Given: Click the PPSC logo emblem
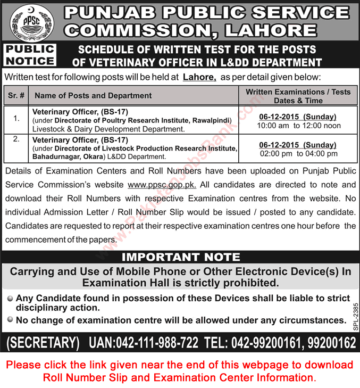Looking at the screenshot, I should (x=27, y=22).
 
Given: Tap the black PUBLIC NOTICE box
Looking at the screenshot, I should (x=30, y=55).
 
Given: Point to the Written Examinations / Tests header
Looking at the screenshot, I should (x=298, y=96).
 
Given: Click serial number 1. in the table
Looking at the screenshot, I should (x=17, y=113).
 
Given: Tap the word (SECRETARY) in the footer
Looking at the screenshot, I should (x=42, y=343).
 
